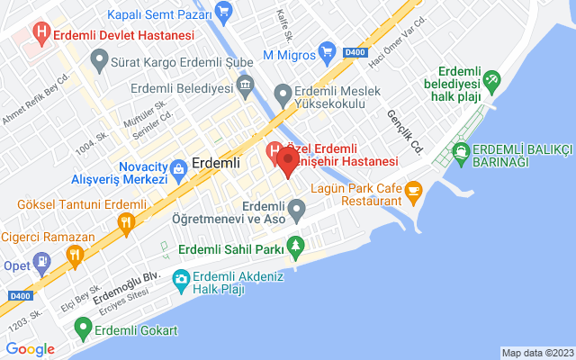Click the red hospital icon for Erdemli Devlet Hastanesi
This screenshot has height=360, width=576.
pos(40,34)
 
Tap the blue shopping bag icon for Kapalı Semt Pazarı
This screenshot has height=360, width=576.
pos(225,13)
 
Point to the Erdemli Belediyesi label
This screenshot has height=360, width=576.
pos(180,88)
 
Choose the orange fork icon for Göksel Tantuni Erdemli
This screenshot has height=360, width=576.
pos(128,220)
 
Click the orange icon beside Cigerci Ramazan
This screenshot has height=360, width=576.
pos(76,254)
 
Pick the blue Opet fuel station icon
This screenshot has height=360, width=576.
pos(40,262)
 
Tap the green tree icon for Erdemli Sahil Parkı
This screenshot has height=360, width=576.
pos(293,246)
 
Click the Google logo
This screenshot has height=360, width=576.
pos(30,349)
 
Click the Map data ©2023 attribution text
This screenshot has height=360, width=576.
pos(536,353)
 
